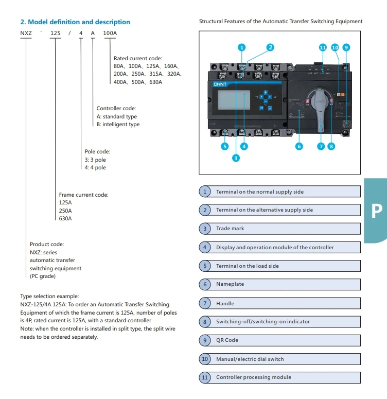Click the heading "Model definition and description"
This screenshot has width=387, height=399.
pos(75,22)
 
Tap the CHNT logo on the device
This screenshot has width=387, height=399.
pos(220,84)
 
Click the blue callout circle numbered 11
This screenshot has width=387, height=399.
pos(323,47)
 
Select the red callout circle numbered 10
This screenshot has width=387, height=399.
pos(335,47)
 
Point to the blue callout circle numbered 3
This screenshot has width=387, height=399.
pos(236,158)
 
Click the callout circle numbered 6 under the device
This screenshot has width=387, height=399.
pos(299,146)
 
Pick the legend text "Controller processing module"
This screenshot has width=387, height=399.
pos(253,377)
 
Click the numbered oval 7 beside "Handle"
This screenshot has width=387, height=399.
pos(205,303)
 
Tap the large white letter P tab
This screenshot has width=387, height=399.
pos(377,211)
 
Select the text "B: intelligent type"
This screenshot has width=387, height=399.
pos(118,125)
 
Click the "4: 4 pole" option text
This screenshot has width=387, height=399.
pos(95,168)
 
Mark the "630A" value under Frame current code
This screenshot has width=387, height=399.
pos(65,219)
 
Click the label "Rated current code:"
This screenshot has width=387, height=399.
pos(137,59)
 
